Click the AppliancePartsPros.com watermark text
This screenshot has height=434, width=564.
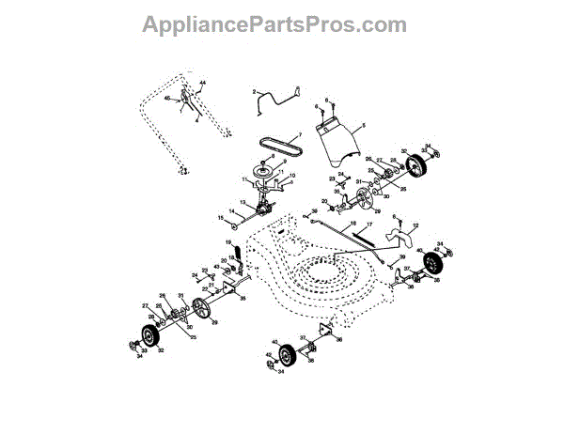click(x=274, y=24)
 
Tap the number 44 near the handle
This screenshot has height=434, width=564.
click(x=201, y=85)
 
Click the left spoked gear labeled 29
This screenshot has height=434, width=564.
click(x=199, y=309)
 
